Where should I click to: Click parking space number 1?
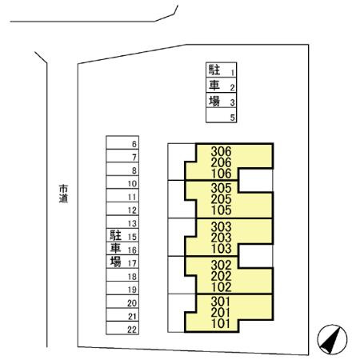[x=221, y=70]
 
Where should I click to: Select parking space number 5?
[x=221, y=115]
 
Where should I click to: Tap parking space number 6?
[x=122, y=142]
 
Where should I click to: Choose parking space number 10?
[x=122, y=182]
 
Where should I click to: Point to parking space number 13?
[x=122, y=222]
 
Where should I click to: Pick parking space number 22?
[x=122, y=328]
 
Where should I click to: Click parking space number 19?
[x=122, y=288]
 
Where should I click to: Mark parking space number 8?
[x=122, y=169]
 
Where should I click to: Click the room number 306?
[x=221, y=151]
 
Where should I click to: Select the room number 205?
[x=221, y=199]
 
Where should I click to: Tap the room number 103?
[x=221, y=249]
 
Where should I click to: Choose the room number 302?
[x=221, y=265]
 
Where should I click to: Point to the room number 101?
[x=221, y=324]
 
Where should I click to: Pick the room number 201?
[x=221, y=313]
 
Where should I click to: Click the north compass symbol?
[x=332, y=339]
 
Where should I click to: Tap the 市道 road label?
[x=63, y=194]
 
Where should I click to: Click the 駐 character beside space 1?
[x=214, y=70]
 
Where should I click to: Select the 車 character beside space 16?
[x=116, y=248]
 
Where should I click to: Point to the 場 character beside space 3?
[x=214, y=101]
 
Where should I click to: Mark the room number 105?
[x=221, y=210]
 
